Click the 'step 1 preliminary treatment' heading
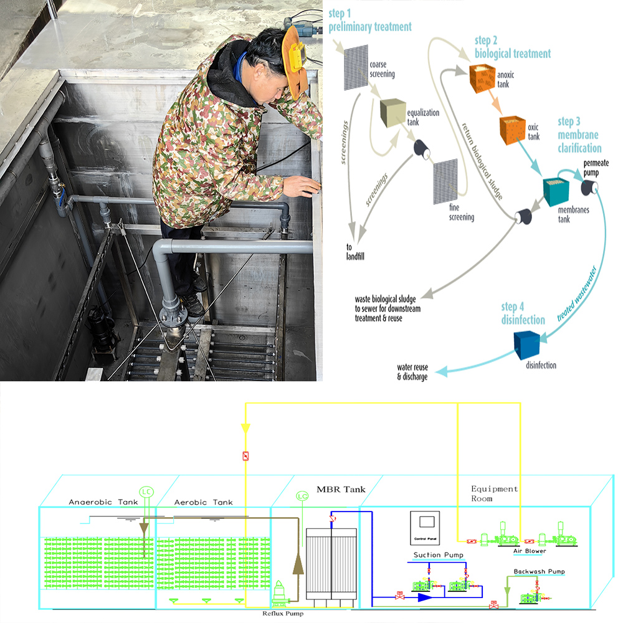pyautogui.click(x=370, y=21)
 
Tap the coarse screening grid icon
pyautogui.click(x=356, y=67)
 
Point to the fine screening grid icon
pyautogui.click(x=445, y=182)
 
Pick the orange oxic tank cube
pyautogui.click(x=513, y=128)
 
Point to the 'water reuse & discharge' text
pyautogui.click(x=412, y=372)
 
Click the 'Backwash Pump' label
pyautogui.click(x=539, y=571)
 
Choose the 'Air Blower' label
pyautogui.click(x=530, y=551)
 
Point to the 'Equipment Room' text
pyautogui.click(x=494, y=493)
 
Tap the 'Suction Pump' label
pyautogui.click(x=438, y=555)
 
